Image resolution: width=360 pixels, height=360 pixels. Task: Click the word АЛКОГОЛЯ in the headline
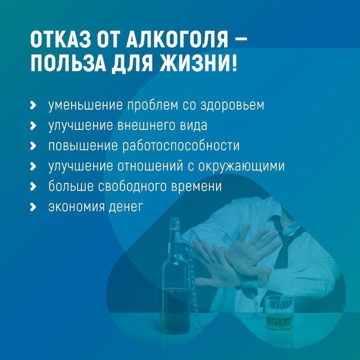click(177, 39)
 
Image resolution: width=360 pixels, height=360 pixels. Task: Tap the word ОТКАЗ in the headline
click(60, 39)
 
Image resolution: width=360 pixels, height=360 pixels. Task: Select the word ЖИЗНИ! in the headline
click(198, 63)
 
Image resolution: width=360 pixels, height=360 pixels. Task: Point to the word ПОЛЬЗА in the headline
click(68, 63)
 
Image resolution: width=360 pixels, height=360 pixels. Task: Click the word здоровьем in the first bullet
click(232, 105)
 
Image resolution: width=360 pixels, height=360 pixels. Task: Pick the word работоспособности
click(181, 146)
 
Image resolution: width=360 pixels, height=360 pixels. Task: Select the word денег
click(126, 206)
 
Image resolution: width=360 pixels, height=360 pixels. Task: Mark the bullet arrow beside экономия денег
click(33, 207)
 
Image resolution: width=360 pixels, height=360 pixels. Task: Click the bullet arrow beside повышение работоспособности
click(33, 146)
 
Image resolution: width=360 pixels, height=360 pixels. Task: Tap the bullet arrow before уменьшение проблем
click(33, 105)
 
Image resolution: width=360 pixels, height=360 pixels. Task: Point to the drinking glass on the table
click(279, 313)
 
